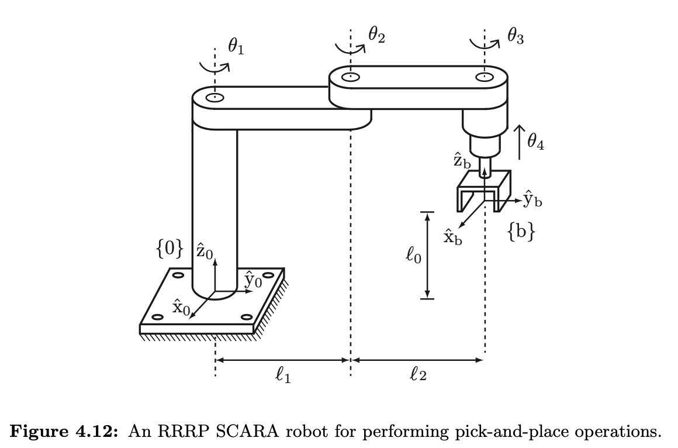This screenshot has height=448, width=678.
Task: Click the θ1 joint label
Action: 236,47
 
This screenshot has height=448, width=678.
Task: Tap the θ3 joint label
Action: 515,37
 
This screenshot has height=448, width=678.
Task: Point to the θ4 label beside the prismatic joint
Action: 535,142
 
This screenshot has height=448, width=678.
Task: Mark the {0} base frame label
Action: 169,249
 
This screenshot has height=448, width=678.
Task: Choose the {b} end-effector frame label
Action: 521,232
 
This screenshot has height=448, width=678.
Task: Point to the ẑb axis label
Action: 462,161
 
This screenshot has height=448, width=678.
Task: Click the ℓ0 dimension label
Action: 413,256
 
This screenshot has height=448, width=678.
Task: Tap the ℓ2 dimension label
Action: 418,375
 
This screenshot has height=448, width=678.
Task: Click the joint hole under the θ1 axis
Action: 215,98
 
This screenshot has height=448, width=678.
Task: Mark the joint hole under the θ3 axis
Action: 485,77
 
